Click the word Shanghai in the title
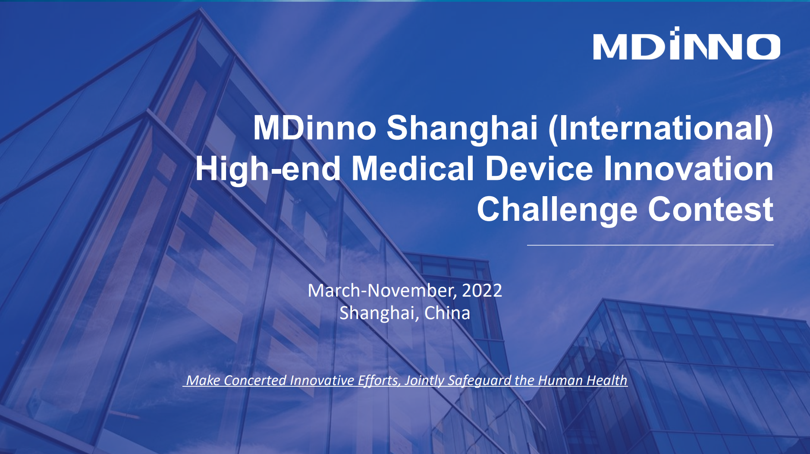pos(462,128)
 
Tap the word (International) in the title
pos(661,128)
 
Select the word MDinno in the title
pos(314,128)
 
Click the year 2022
pos(482,291)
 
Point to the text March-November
pos(380,291)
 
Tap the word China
pos(447,313)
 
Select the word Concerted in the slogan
pos(255,380)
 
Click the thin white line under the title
pos(650,245)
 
